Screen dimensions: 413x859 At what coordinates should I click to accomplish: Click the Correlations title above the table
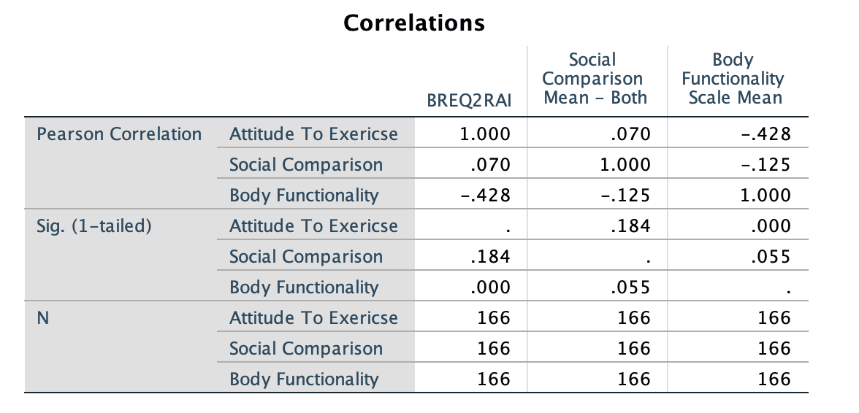[413, 23]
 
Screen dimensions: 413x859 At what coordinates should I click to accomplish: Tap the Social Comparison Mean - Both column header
[595, 79]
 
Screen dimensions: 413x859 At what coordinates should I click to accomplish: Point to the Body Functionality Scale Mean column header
[736, 79]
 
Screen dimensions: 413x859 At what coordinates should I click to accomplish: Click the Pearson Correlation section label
[119, 134]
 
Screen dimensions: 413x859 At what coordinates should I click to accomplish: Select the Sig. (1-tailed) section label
[94, 226]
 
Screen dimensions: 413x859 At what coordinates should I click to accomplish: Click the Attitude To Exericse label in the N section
[313, 318]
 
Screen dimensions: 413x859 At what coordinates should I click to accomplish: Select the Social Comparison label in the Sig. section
[305, 257]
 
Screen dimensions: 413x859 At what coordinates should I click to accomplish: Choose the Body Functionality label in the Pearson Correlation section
[304, 196]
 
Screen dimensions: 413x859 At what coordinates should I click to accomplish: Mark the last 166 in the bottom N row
[774, 379]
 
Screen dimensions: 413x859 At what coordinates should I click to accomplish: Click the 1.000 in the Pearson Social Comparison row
[625, 165]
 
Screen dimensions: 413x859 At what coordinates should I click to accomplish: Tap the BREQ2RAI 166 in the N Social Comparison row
[494, 349]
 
